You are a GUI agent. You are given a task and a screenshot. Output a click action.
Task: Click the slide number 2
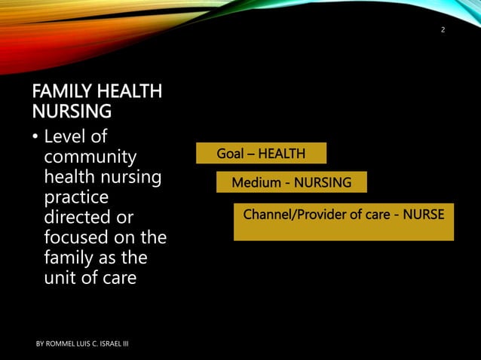[x=443, y=30]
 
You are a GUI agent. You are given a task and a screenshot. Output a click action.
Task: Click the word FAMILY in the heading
[x=58, y=93]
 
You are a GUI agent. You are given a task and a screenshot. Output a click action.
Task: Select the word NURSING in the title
[x=72, y=112]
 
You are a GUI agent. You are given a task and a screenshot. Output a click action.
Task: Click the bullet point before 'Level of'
[x=35, y=139]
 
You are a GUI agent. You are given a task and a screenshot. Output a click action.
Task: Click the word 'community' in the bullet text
[x=90, y=158]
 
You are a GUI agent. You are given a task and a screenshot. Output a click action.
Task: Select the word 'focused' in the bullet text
[x=72, y=237]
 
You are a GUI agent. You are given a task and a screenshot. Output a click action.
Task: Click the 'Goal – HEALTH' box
[x=261, y=154]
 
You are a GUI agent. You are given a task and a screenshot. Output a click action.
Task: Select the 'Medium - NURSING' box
[x=291, y=182]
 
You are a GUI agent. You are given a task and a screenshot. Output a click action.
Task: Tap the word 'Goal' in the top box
[x=231, y=154]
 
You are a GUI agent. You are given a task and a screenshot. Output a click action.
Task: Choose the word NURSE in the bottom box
[x=424, y=215]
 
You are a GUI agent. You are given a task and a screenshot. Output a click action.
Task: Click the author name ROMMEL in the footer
[x=62, y=344]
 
